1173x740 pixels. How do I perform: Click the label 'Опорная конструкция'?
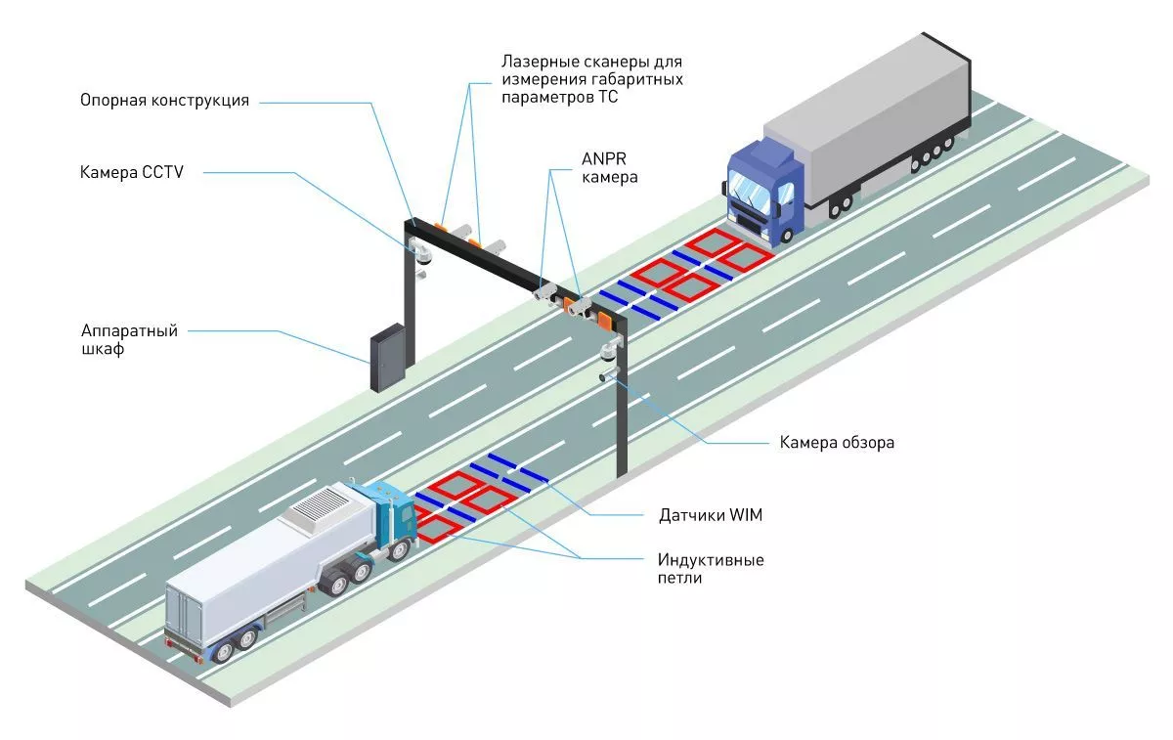click(x=164, y=100)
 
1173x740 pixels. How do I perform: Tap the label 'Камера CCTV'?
click(x=131, y=172)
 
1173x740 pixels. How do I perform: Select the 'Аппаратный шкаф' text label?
click(x=129, y=339)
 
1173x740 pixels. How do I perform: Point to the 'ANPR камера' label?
click(x=610, y=167)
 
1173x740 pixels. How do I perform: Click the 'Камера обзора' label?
click(x=837, y=443)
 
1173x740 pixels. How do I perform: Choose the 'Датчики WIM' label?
click(x=711, y=515)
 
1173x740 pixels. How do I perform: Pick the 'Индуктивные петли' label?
click(x=711, y=569)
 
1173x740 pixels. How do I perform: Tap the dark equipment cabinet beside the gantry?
click(x=388, y=358)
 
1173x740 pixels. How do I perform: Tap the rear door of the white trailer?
click(x=184, y=614)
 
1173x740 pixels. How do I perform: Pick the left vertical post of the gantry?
click(x=410, y=293)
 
